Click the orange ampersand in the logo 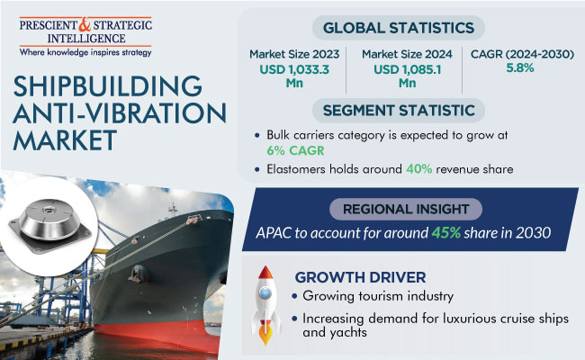tap(85, 25)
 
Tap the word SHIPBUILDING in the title tap(107, 86)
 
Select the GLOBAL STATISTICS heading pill tap(399, 28)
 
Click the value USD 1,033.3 tap(294, 69)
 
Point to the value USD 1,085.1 tap(407, 69)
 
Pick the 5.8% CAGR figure tap(520, 67)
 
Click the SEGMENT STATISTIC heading tap(399, 111)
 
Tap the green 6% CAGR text tap(295, 150)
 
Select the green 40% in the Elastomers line tap(419, 169)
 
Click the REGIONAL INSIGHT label tap(406, 210)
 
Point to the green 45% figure tap(446, 233)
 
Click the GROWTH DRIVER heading tap(360, 277)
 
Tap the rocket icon tap(265, 305)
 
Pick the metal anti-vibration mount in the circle tap(50, 225)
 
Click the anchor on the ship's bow tap(139, 274)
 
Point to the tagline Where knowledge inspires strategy tap(85, 52)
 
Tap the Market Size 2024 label tap(407, 54)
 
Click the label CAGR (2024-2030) tap(522, 54)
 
